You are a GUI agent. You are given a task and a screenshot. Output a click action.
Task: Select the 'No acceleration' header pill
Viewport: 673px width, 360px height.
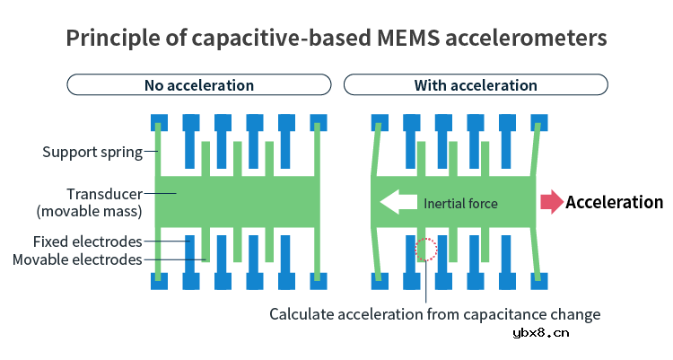[x=199, y=85]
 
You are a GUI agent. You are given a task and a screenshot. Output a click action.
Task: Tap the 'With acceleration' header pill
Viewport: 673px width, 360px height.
[x=476, y=85]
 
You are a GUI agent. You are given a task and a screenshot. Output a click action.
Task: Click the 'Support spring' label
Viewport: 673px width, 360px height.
[x=92, y=152]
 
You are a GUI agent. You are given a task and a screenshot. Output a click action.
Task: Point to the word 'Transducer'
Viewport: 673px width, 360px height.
[x=104, y=194]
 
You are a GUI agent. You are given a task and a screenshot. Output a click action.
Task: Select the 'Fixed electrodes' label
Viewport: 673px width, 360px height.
[x=87, y=241]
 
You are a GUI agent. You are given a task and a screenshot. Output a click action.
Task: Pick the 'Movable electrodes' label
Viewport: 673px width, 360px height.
[x=78, y=259]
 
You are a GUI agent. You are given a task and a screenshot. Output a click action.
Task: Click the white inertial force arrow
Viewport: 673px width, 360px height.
[x=398, y=202]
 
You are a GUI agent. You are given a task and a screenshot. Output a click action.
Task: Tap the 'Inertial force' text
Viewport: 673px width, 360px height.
[x=460, y=203]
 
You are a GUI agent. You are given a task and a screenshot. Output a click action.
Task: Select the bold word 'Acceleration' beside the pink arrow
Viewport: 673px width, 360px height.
[x=614, y=202]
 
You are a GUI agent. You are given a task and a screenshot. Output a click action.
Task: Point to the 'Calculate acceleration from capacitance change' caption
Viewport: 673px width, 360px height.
[x=435, y=314]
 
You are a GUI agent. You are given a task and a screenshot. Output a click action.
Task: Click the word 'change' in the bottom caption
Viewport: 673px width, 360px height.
[x=576, y=314]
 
